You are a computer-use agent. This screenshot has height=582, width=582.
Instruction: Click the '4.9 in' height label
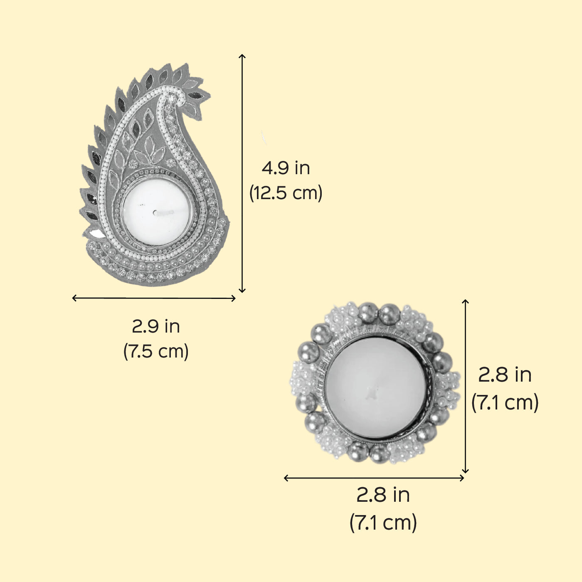286,168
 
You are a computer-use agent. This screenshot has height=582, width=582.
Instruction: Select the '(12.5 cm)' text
286,193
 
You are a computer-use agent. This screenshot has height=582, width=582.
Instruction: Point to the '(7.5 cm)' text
156,351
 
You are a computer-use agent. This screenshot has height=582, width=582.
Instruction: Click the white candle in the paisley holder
156,212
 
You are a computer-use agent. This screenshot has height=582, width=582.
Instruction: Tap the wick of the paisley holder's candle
163,212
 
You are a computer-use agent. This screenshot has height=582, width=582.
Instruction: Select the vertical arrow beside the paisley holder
242,173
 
